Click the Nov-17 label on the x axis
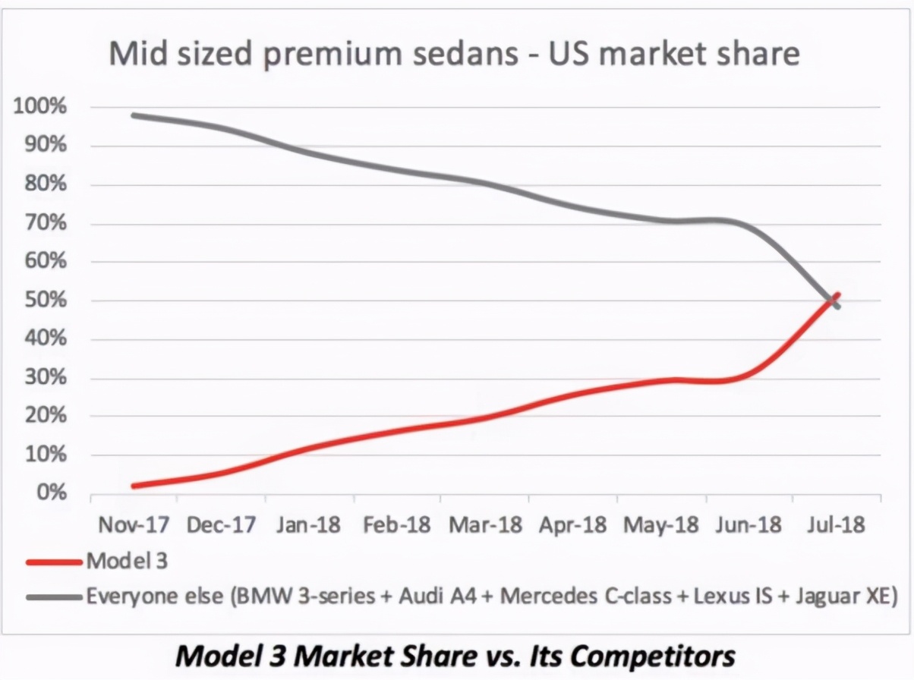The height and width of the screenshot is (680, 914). tap(132, 526)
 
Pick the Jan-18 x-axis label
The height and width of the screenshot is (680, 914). tap(308, 526)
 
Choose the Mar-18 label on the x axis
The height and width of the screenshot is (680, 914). tap(484, 526)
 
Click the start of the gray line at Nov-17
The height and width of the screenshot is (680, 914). tap(134, 115)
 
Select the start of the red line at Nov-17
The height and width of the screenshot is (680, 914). tap(134, 486)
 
